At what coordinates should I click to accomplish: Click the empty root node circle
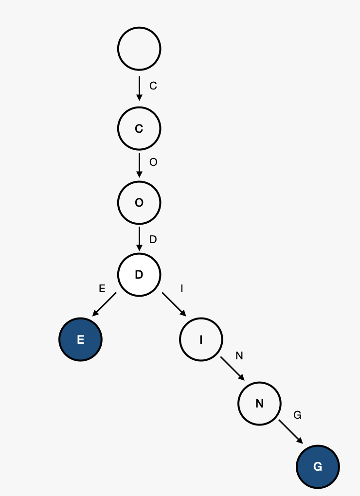click(139, 49)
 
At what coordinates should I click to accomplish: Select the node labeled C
click(139, 128)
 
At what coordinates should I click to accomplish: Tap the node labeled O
click(139, 202)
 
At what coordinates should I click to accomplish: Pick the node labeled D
click(139, 275)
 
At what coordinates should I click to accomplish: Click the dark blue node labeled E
click(80, 339)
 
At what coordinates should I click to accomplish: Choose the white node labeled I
click(201, 339)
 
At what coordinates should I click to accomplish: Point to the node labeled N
click(259, 404)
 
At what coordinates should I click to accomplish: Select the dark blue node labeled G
click(318, 467)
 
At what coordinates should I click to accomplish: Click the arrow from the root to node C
click(139, 89)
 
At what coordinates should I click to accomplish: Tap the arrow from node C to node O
click(139, 165)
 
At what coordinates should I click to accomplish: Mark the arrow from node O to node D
click(139, 239)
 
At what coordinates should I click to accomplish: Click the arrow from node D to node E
click(104, 304)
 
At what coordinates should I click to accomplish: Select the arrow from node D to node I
click(174, 304)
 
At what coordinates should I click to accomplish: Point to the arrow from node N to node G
click(291, 432)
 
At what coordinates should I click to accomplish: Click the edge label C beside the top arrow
click(153, 86)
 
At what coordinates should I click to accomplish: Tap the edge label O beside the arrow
click(153, 162)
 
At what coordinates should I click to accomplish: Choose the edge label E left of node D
click(102, 289)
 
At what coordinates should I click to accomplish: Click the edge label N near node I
click(239, 356)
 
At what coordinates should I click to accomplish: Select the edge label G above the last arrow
click(297, 415)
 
